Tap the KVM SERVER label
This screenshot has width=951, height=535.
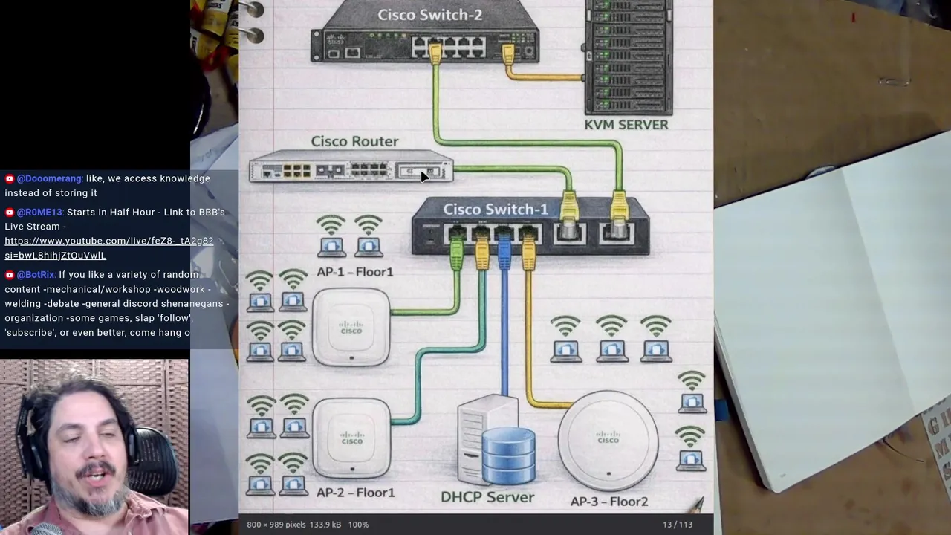(626, 124)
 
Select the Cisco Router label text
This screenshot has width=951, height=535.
(354, 141)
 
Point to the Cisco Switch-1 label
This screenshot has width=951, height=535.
(496, 210)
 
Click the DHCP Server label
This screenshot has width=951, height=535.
(487, 497)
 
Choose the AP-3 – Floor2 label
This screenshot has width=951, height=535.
(609, 502)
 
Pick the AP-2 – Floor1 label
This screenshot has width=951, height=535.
(355, 493)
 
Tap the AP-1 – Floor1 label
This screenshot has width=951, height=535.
(354, 272)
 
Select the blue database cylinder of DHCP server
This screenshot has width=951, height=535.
(508, 455)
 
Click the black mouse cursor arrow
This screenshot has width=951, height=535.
(424, 176)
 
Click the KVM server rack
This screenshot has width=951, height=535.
(628, 56)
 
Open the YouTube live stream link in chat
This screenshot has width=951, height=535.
(108, 248)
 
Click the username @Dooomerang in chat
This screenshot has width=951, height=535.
(49, 178)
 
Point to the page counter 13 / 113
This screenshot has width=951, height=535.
(677, 525)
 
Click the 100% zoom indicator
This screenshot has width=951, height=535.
(358, 525)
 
